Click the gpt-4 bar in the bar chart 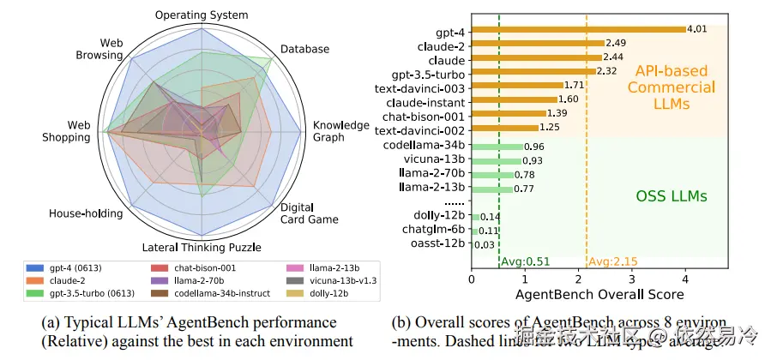coord(578,29)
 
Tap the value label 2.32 coord(606,71)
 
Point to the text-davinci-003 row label coord(420,87)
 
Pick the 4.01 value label coord(698,29)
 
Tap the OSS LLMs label coord(671,196)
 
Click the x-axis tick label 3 coord(632,279)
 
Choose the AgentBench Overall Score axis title coord(598,294)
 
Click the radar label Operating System coord(202,15)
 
